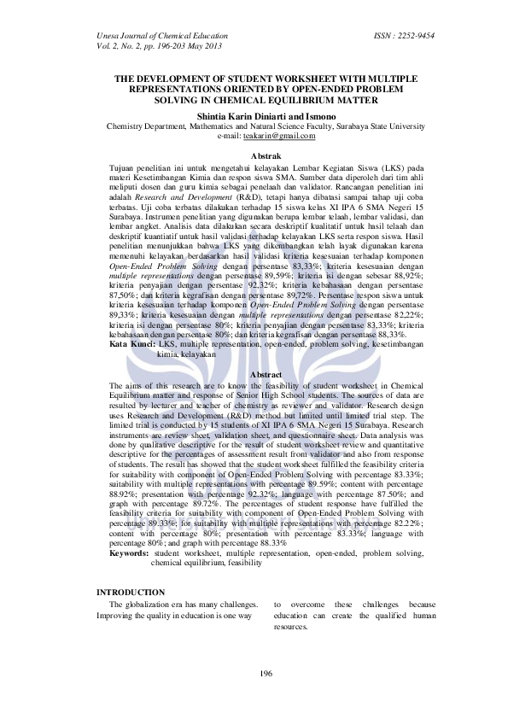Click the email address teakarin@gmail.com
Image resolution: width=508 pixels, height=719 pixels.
(273, 136)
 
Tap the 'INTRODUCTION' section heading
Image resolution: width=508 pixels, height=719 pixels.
(131, 592)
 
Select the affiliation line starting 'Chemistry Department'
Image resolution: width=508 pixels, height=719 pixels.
(264, 126)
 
